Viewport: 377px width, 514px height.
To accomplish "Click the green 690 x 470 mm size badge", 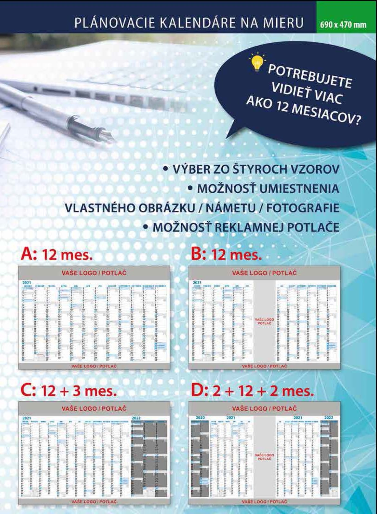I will (343, 25).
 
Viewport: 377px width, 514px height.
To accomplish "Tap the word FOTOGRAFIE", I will (303, 208).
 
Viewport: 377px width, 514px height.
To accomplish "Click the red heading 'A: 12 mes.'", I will (57, 255).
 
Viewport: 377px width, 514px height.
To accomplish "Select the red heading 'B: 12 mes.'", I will (227, 255).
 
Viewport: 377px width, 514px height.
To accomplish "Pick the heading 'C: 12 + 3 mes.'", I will (69, 391).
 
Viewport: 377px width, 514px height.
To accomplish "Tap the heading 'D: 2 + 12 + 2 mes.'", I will (252, 391).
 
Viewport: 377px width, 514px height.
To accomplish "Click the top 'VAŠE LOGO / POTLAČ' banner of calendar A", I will (94, 273).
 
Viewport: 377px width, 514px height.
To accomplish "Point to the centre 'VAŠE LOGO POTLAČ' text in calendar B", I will (264, 321).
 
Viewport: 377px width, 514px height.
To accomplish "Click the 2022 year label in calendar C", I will (136, 418).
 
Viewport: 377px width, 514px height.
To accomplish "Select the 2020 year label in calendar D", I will (200, 418).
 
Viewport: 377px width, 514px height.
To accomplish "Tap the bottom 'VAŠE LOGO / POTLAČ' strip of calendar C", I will (94, 501).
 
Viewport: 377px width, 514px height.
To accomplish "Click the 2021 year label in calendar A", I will (27, 283).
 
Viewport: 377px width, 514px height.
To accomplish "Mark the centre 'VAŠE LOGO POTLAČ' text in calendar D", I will (264, 457).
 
